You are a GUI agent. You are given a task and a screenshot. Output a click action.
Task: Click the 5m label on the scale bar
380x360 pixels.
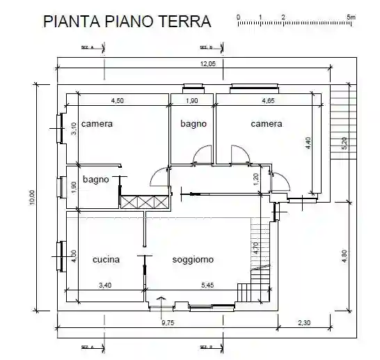351,15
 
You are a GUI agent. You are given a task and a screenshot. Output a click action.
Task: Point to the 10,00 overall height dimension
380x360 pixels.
32,198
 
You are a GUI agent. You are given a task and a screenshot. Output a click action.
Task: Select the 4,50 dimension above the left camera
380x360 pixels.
118,101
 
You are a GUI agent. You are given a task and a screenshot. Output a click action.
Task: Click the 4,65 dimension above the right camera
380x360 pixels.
269,101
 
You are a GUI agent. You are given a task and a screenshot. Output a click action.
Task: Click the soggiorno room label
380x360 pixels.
193,260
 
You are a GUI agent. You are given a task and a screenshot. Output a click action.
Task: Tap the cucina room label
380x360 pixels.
106,260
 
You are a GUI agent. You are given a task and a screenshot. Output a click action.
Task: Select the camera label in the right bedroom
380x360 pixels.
267,124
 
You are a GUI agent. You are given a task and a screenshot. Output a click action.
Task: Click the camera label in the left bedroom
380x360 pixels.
97,124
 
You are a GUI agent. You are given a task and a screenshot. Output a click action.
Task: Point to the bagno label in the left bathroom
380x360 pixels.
96,179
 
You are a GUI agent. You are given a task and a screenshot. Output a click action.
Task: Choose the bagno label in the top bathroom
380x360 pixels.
193,124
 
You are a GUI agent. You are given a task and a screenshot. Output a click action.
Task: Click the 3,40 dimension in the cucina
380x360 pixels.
106,285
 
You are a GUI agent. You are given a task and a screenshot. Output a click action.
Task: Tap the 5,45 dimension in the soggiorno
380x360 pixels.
208,285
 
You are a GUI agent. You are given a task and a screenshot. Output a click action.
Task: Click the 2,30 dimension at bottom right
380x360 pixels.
305,322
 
